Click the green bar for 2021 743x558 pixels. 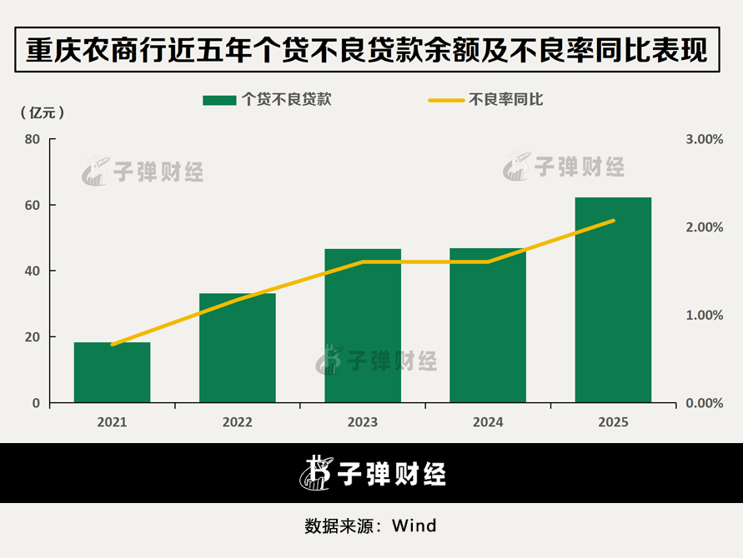112,372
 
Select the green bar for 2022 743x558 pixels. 238,348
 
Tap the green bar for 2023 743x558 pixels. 363,326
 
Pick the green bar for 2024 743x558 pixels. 488,325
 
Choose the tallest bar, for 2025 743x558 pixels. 613,300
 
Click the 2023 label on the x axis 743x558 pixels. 363,421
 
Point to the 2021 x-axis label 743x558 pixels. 112,421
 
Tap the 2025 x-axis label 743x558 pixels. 613,421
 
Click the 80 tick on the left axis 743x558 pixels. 33,139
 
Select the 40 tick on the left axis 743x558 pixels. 33,272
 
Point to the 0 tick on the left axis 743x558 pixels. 36,403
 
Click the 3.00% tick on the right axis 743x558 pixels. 704,139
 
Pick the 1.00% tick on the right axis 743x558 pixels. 704,315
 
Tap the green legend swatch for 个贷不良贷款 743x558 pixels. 219,100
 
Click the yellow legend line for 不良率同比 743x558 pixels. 446,100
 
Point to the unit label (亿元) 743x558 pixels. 43,112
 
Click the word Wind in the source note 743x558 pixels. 414,526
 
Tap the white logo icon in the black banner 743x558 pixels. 316,472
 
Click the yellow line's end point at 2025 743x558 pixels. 613,221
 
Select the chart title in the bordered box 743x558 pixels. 367,50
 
